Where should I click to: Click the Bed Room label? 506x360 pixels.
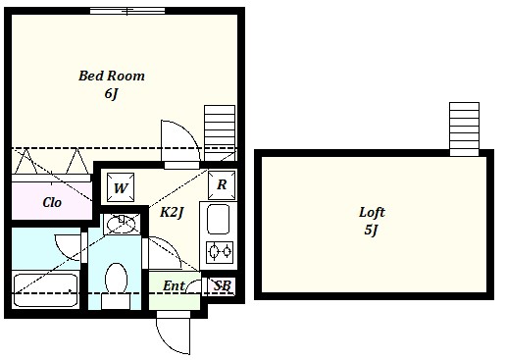point(112,76)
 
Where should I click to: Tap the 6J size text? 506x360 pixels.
point(111,94)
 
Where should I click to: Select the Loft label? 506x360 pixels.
point(372,213)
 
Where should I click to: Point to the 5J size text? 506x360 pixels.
point(371,230)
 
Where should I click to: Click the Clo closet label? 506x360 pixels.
point(52,202)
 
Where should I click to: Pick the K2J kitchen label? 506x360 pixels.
point(172,213)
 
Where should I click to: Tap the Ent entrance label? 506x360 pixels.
point(174,286)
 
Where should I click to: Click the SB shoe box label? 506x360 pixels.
point(223,285)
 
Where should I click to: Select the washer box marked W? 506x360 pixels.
point(121,187)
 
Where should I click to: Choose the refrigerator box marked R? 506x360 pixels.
point(222,184)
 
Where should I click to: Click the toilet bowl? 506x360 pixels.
point(116,279)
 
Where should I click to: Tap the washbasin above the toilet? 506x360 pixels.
point(122,224)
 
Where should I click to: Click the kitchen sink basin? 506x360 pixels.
point(218,219)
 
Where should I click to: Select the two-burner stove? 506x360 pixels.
point(220,252)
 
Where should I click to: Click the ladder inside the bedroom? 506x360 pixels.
point(220,132)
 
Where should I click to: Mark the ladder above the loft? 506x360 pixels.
point(464,129)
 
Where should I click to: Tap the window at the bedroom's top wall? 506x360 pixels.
point(127,11)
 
